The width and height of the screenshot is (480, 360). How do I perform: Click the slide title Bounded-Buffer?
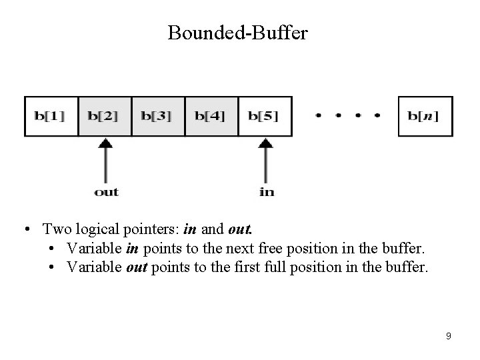[238, 33]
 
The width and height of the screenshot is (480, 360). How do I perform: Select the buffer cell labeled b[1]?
[51, 116]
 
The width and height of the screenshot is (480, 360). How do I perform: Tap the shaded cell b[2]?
[104, 116]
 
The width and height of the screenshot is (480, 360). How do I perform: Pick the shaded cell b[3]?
[157, 116]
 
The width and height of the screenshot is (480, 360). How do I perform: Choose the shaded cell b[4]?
[211, 116]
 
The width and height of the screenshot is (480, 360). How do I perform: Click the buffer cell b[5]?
[265, 116]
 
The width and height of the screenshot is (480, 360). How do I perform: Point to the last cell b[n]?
[425, 116]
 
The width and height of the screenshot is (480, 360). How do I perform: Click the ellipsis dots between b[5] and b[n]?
[347, 116]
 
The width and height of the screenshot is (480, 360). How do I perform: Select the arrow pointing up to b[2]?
[105, 160]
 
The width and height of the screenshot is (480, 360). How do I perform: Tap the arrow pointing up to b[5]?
[265, 160]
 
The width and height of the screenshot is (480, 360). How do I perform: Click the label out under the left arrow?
[106, 192]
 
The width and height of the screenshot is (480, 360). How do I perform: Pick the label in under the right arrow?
[266, 192]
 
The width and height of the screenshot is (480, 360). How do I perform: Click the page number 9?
[448, 336]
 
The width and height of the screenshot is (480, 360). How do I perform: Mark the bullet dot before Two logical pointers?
[25, 231]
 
